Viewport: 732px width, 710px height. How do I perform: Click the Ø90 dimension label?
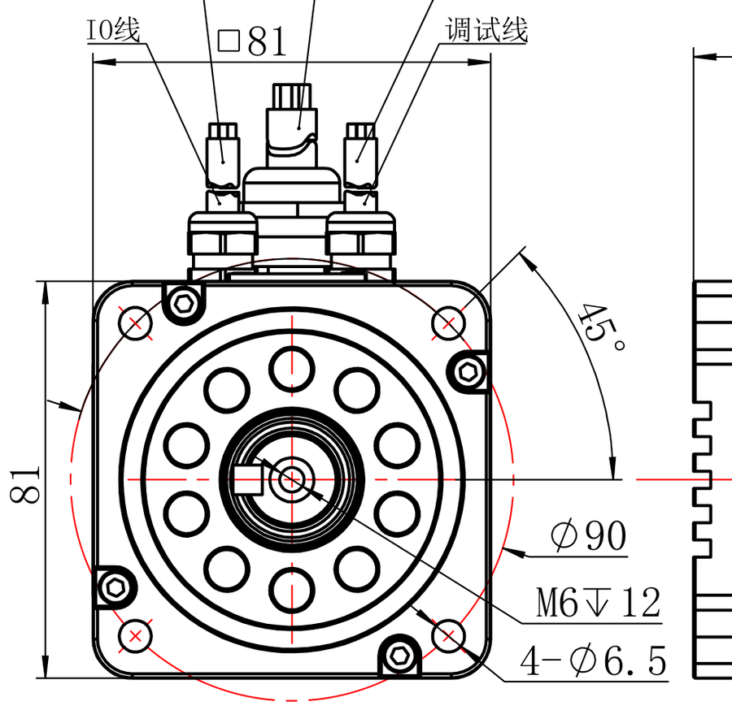pos(588,536)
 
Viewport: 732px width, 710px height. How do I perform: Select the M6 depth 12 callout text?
pos(599,602)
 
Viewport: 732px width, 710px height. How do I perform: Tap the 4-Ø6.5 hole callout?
pos(594,660)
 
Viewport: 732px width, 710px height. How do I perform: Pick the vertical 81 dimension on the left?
pos(24,485)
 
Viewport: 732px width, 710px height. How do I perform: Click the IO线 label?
pos(113,29)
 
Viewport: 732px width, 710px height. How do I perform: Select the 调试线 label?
pos(486,29)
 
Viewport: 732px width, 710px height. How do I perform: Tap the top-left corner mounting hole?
pos(135,323)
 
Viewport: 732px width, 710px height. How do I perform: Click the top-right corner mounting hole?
pos(448,323)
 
